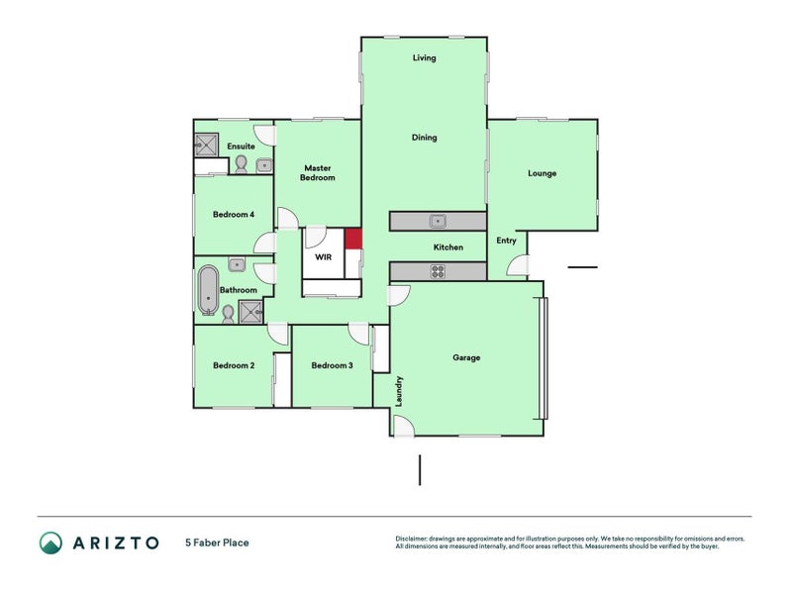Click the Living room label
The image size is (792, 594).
424,58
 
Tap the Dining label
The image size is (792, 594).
424,138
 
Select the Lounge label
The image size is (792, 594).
542,173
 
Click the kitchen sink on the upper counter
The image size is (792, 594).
437,221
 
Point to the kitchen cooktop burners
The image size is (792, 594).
437,271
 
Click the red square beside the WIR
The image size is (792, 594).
352,239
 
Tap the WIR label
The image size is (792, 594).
323,256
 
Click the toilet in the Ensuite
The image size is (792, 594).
242,163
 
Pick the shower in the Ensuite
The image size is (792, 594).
206,146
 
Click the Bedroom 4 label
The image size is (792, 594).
234,214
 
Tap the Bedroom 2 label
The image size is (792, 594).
234,365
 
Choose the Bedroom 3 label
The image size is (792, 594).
332,365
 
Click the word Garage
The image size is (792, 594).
466,357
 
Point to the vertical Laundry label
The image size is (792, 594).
399,390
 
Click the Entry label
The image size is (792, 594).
506,241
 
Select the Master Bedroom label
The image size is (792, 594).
318,173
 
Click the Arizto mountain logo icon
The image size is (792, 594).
50,543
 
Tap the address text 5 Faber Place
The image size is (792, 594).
217,543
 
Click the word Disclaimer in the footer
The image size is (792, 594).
414,540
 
